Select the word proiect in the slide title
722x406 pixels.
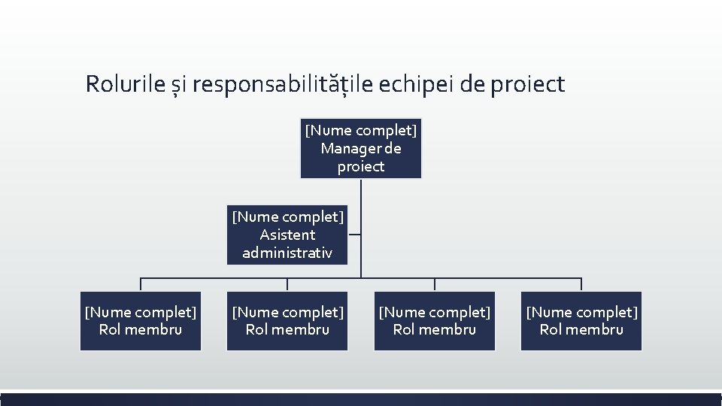pos(527,85)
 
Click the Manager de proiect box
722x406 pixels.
pos(361,148)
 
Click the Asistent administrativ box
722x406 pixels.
pos(288,235)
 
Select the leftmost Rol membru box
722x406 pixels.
pos(141,321)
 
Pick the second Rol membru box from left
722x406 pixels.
pos(288,321)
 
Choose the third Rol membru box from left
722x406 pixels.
pos(435,321)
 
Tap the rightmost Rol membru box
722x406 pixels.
pos(581,321)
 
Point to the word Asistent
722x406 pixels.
pos(288,235)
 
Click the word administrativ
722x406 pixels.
pos(288,253)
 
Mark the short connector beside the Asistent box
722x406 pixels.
pos(355,235)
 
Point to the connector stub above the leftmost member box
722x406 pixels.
pos(141,285)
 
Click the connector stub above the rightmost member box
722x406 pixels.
pos(581,285)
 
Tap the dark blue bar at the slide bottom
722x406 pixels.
pos(361,399)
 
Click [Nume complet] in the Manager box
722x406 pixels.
pos(361,131)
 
